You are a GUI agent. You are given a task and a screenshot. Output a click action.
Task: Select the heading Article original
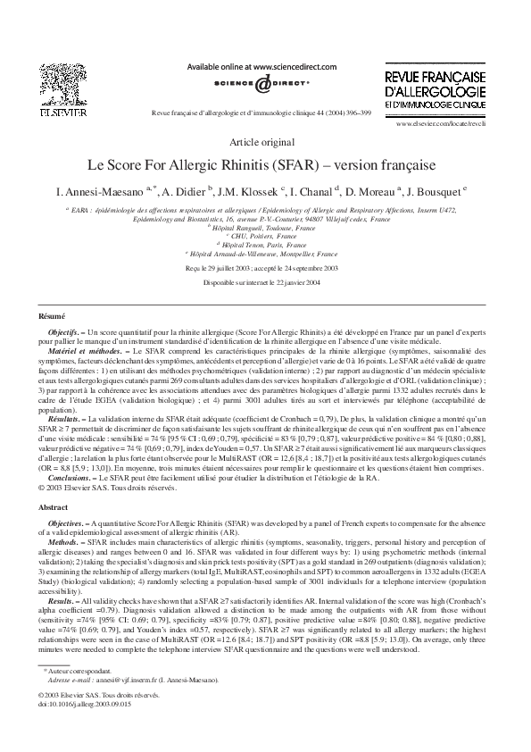(x=265, y=142)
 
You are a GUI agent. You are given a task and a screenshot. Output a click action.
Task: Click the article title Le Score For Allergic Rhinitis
(x=265, y=166)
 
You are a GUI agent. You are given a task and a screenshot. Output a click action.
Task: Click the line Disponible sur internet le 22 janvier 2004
(x=265, y=283)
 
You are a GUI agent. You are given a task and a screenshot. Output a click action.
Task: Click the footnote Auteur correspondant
(x=85, y=697)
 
